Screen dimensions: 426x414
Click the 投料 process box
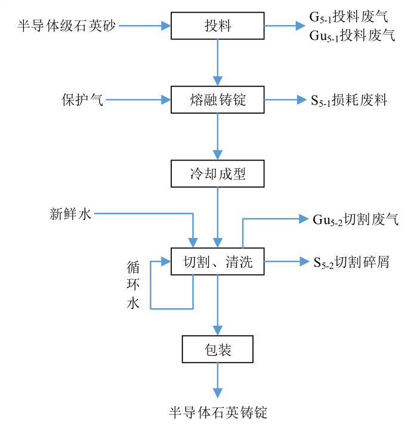point(218,26)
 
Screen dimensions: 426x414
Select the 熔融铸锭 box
point(218,100)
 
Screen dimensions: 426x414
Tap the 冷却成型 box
point(218,174)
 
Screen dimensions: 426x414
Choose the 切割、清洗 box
point(218,261)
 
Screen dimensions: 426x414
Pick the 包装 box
point(218,349)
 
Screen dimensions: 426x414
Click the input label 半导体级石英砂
point(67,26)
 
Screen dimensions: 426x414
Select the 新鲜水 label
point(71,213)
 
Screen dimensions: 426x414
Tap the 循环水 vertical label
point(132,285)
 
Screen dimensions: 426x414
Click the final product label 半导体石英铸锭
point(218,412)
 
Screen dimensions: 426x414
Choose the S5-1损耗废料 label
point(349,100)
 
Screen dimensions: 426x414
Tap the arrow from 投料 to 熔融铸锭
point(218,63)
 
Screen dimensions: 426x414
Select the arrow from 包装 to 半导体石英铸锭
point(218,382)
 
